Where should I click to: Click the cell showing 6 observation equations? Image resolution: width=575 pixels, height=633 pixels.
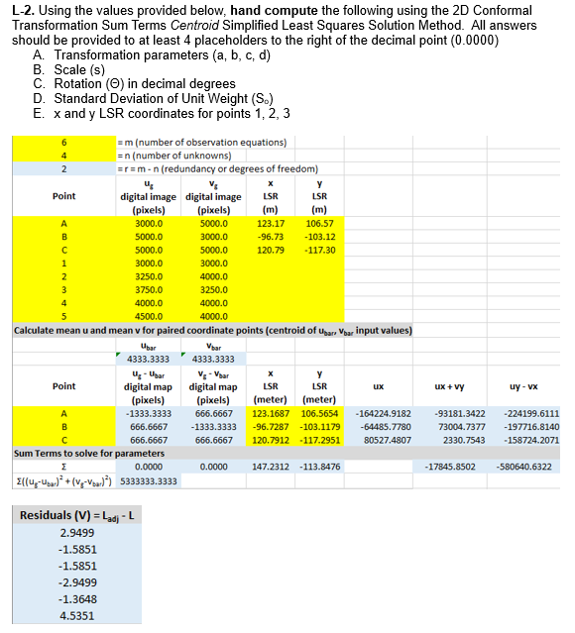[x=63, y=142]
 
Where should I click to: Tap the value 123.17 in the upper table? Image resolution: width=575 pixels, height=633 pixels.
[x=271, y=224]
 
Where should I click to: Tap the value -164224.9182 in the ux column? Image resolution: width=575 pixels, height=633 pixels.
[x=382, y=413]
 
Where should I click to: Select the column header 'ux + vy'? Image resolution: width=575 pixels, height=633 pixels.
[x=455, y=386]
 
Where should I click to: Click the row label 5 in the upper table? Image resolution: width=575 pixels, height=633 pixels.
[x=63, y=317]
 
